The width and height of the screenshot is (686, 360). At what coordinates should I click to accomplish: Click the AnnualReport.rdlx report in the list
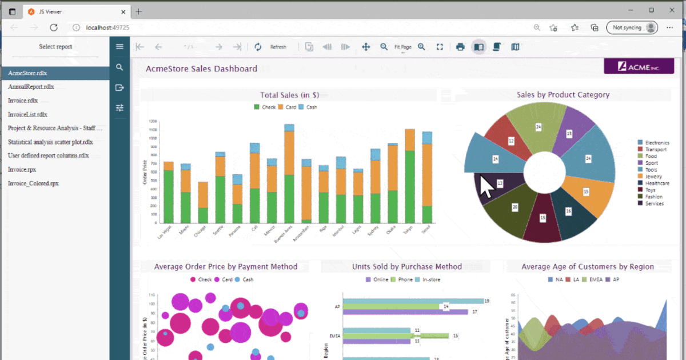(31, 87)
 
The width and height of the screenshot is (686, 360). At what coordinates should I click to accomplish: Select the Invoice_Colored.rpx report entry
(33, 183)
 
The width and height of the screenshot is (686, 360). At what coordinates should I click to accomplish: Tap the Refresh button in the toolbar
(278, 47)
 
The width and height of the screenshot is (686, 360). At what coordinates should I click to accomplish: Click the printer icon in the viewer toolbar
(460, 47)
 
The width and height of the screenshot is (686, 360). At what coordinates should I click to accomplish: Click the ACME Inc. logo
(639, 67)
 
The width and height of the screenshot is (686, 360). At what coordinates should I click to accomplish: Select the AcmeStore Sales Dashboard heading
(201, 69)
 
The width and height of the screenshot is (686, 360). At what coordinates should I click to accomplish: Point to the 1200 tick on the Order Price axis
(153, 122)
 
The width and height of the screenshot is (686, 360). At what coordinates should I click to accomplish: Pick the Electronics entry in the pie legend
(656, 142)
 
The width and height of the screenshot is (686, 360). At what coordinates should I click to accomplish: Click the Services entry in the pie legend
(654, 203)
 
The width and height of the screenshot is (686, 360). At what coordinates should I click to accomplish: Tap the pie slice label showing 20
(515, 207)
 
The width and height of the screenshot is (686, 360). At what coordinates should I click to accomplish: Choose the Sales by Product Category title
(563, 95)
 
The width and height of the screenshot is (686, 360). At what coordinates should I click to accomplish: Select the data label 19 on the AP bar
(486, 301)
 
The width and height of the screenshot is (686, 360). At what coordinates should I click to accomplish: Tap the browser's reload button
(54, 27)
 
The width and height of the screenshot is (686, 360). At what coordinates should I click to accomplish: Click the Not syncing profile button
(632, 27)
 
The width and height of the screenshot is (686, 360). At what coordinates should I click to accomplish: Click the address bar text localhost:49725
(107, 27)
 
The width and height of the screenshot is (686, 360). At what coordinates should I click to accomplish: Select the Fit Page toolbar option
(402, 47)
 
